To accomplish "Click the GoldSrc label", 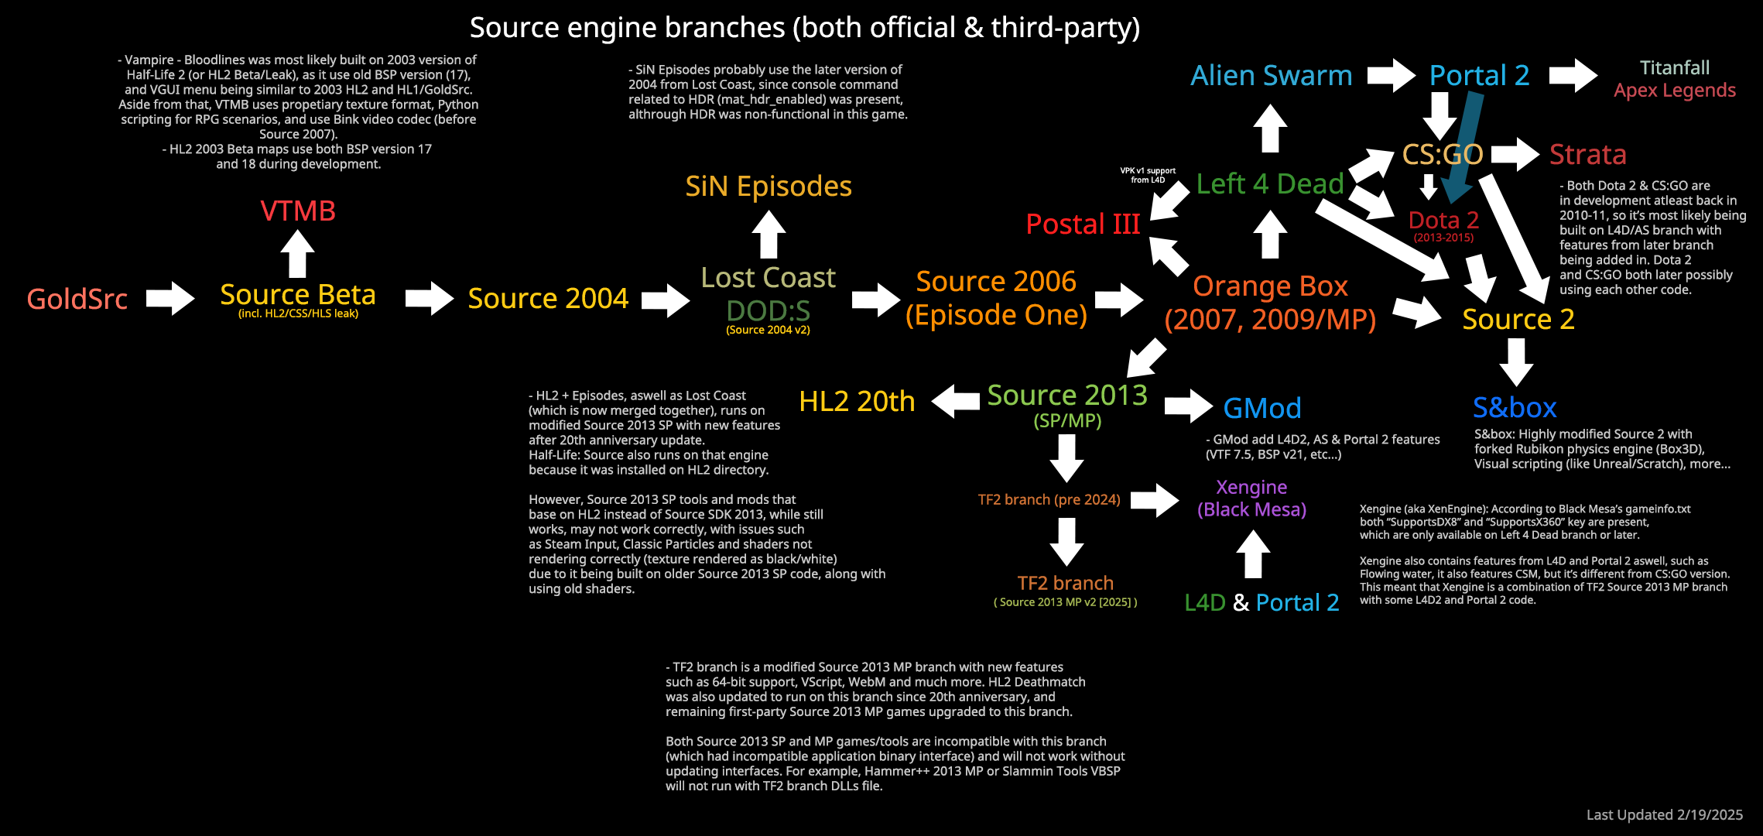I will [77, 299].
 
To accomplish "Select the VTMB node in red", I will [298, 211].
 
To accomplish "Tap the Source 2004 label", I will [548, 298].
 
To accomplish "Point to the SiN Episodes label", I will [769, 187].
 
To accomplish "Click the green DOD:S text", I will [768, 311].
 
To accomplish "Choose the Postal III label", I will [1083, 224].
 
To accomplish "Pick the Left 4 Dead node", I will [1270, 183].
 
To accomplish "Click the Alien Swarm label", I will [1271, 75].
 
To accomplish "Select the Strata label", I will [1587, 155].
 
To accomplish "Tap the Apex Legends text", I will [1675, 91].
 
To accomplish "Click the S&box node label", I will [1515, 407].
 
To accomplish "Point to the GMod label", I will [1261, 408].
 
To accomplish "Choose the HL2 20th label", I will [857, 401].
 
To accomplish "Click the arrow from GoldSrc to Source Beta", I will [171, 298].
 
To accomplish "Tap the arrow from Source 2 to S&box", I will [1516, 361].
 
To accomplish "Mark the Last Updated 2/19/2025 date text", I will [1664, 814].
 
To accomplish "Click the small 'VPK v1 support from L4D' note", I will [1148, 175].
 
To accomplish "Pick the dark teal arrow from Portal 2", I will [1465, 147].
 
